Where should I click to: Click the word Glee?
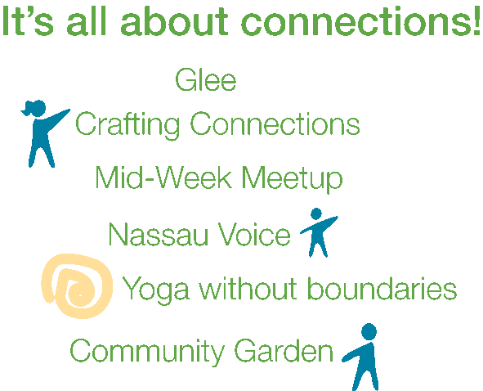pyautogui.click(x=205, y=81)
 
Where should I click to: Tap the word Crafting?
pyautogui.click(x=127, y=126)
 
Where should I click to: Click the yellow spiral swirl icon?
pyautogui.click(x=76, y=286)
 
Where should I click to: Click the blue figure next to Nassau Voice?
pyautogui.click(x=317, y=232)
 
